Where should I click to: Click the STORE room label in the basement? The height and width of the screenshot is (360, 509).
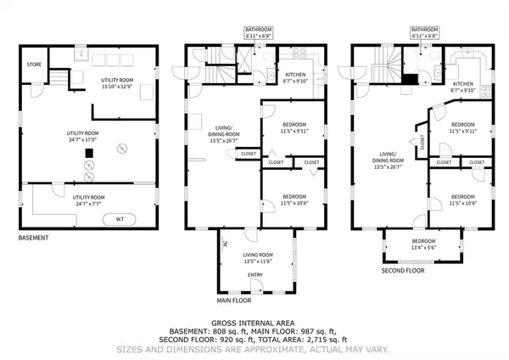click(x=34, y=64)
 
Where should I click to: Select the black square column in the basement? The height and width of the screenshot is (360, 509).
click(x=87, y=154)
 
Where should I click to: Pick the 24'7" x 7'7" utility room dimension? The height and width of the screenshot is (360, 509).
click(x=89, y=203)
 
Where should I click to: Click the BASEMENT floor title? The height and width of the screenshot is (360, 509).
click(x=33, y=238)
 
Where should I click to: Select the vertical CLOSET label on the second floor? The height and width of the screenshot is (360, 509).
click(x=422, y=143)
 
